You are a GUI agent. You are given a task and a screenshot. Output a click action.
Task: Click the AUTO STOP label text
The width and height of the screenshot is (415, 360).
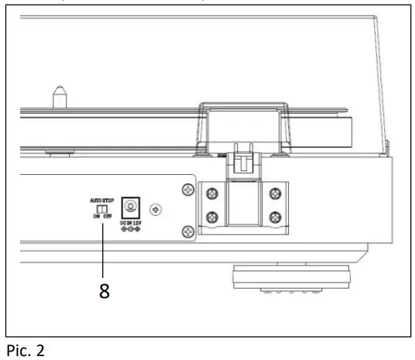pos(101,199)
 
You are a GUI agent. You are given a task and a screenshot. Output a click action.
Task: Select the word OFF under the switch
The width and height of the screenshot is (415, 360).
pos(107,217)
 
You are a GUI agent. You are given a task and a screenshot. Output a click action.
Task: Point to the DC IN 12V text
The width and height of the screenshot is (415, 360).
pos(132,223)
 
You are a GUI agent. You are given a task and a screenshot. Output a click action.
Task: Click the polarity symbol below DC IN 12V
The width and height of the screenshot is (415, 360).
pos(132,230)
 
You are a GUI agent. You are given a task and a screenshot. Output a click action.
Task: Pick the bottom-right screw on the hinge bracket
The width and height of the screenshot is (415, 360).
pos(273,219)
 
